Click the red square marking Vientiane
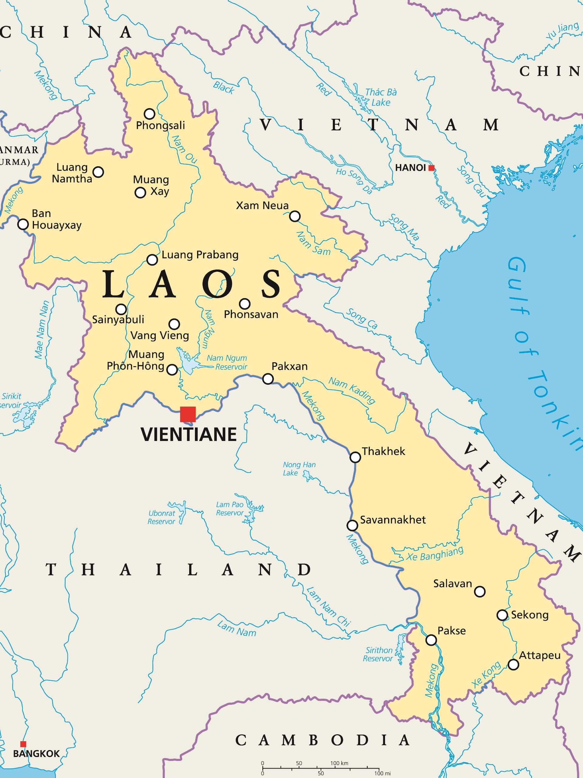[x=188, y=414]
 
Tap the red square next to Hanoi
[x=431, y=168]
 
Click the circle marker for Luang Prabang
[x=152, y=260]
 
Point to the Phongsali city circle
[x=149, y=114]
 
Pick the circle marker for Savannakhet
[x=352, y=525]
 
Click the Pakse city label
[x=451, y=631]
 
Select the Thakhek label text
[x=384, y=451]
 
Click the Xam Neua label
[x=262, y=205]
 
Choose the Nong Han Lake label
[x=299, y=469]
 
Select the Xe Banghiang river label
[x=435, y=554]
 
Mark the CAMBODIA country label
[x=322, y=740]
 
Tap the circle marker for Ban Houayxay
[x=23, y=224]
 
